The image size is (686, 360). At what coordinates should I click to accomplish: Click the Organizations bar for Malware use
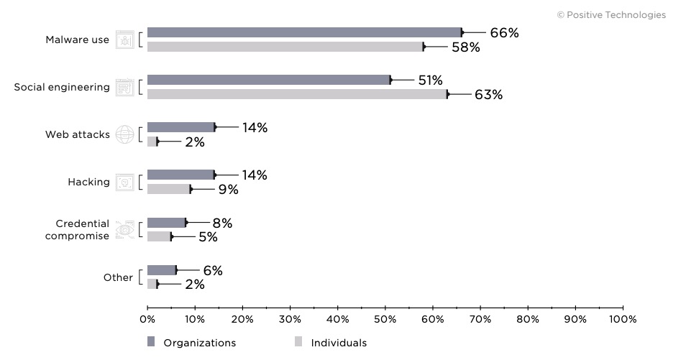(x=304, y=32)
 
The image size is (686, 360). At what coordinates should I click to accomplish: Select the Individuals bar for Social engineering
(x=297, y=94)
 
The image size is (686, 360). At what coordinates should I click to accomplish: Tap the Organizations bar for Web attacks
(x=180, y=127)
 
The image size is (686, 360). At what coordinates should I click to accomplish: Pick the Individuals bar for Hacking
(x=169, y=189)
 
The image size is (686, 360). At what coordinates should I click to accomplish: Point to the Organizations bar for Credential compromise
(x=166, y=223)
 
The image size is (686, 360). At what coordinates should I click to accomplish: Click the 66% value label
(x=504, y=33)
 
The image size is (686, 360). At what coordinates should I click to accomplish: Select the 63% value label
(x=488, y=95)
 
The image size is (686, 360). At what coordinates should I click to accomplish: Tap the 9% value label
(x=228, y=190)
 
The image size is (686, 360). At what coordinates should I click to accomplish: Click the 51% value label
(x=430, y=80)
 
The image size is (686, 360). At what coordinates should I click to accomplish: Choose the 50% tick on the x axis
(x=385, y=318)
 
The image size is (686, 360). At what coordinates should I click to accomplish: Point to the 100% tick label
(x=622, y=319)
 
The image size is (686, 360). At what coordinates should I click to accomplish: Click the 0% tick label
(x=147, y=319)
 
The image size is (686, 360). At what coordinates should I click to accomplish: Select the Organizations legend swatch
(x=151, y=342)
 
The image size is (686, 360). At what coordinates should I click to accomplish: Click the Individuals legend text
(x=339, y=343)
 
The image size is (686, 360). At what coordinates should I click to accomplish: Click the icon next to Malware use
(x=124, y=40)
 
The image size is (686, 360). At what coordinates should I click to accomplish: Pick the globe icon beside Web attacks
(x=124, y=134)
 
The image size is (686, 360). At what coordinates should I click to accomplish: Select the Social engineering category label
(x=62, y=88)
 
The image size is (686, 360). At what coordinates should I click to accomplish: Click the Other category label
(x=118, y=277)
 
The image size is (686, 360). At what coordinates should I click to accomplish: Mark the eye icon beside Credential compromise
(x=124, y=229)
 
